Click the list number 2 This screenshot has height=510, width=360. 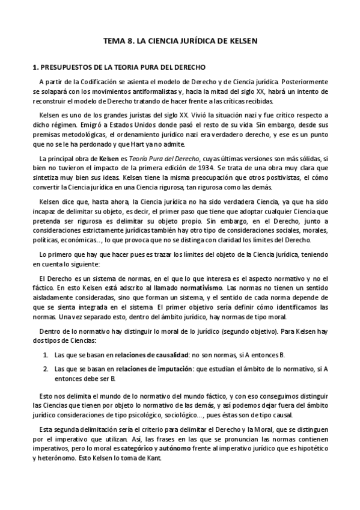tap(45, 368)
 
